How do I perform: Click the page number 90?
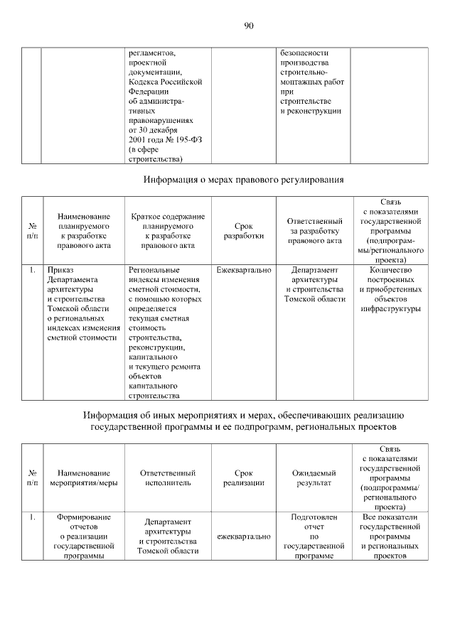[249, 26]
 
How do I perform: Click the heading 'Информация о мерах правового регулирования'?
[244, 180]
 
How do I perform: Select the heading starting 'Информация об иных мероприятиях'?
[244, 421]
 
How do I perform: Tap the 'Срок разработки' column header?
[244, 231]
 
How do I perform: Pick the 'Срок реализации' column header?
[244, 477]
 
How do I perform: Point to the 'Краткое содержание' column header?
[168, 231]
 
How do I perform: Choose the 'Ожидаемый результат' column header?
[314, 477]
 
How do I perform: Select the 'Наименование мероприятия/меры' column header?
[84, 477]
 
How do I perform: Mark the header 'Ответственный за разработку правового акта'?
[314, 231]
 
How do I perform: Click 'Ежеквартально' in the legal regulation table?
[244, 271]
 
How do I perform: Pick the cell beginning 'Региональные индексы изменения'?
[165, 333]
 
